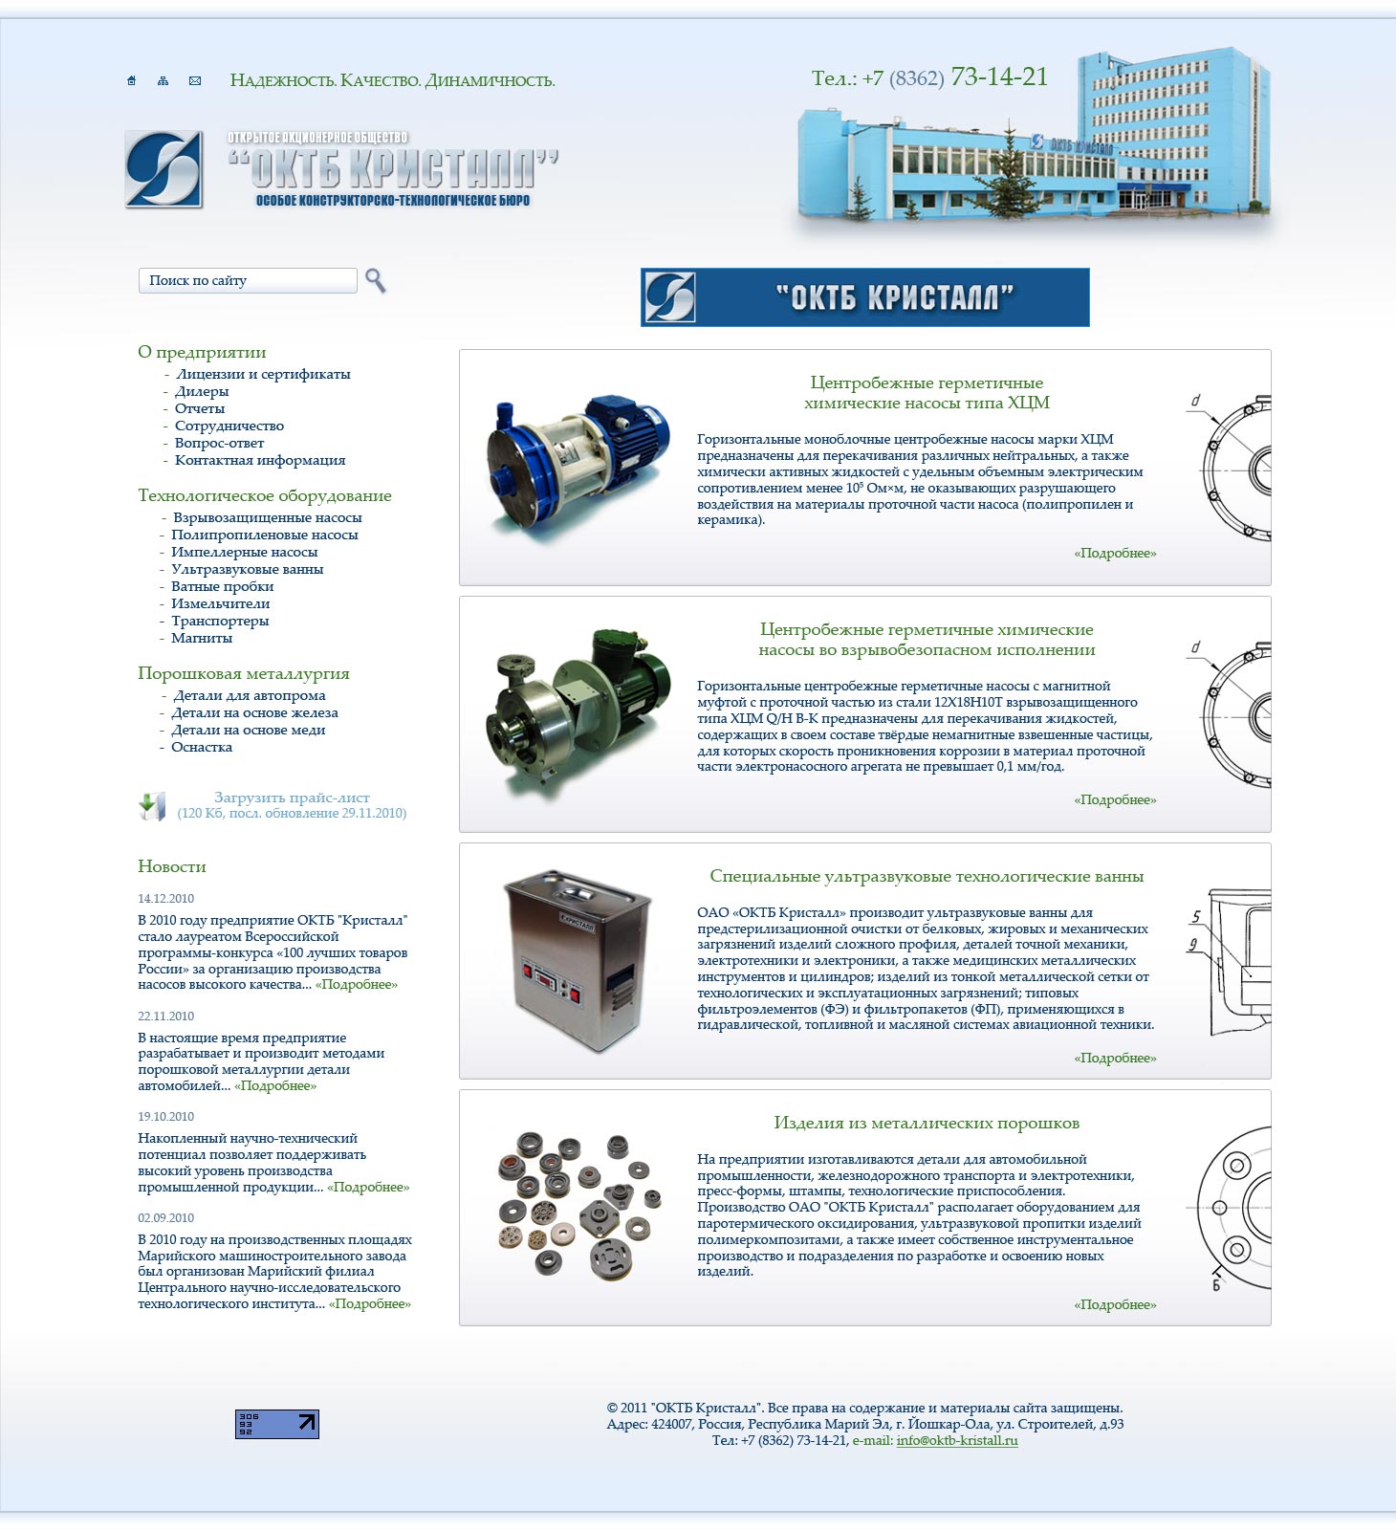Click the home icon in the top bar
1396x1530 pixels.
[x=132, y=81]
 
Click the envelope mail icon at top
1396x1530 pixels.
[x=195, y=81]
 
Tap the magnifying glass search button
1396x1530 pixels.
[x=376, y=280]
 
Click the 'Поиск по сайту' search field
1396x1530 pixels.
[x=248, y=280]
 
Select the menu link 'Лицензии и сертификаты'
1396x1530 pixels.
[x=263, y=374]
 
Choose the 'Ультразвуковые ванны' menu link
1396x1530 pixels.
[x=247, y=569]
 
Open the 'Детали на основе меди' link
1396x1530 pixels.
[x=248, y=730]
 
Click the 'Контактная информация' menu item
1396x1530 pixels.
[x=260, y=460]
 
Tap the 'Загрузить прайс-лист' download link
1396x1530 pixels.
[x=292, y=798]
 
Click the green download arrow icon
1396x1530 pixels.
[x=151, y=806]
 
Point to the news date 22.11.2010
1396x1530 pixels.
[x=165, y=1016]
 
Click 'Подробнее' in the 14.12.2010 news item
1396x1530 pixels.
[x=357, y=985]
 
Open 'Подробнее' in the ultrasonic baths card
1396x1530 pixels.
[x=1115, y=1058]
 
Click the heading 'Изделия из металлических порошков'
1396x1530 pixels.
[x=926, y=1123]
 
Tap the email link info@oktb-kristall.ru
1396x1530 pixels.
[x=956, y=1441]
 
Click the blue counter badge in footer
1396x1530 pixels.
[x=277, y=1424]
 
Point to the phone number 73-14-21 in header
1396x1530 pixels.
[x=999, y=77]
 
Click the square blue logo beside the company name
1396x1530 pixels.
[x=164, y=170]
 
